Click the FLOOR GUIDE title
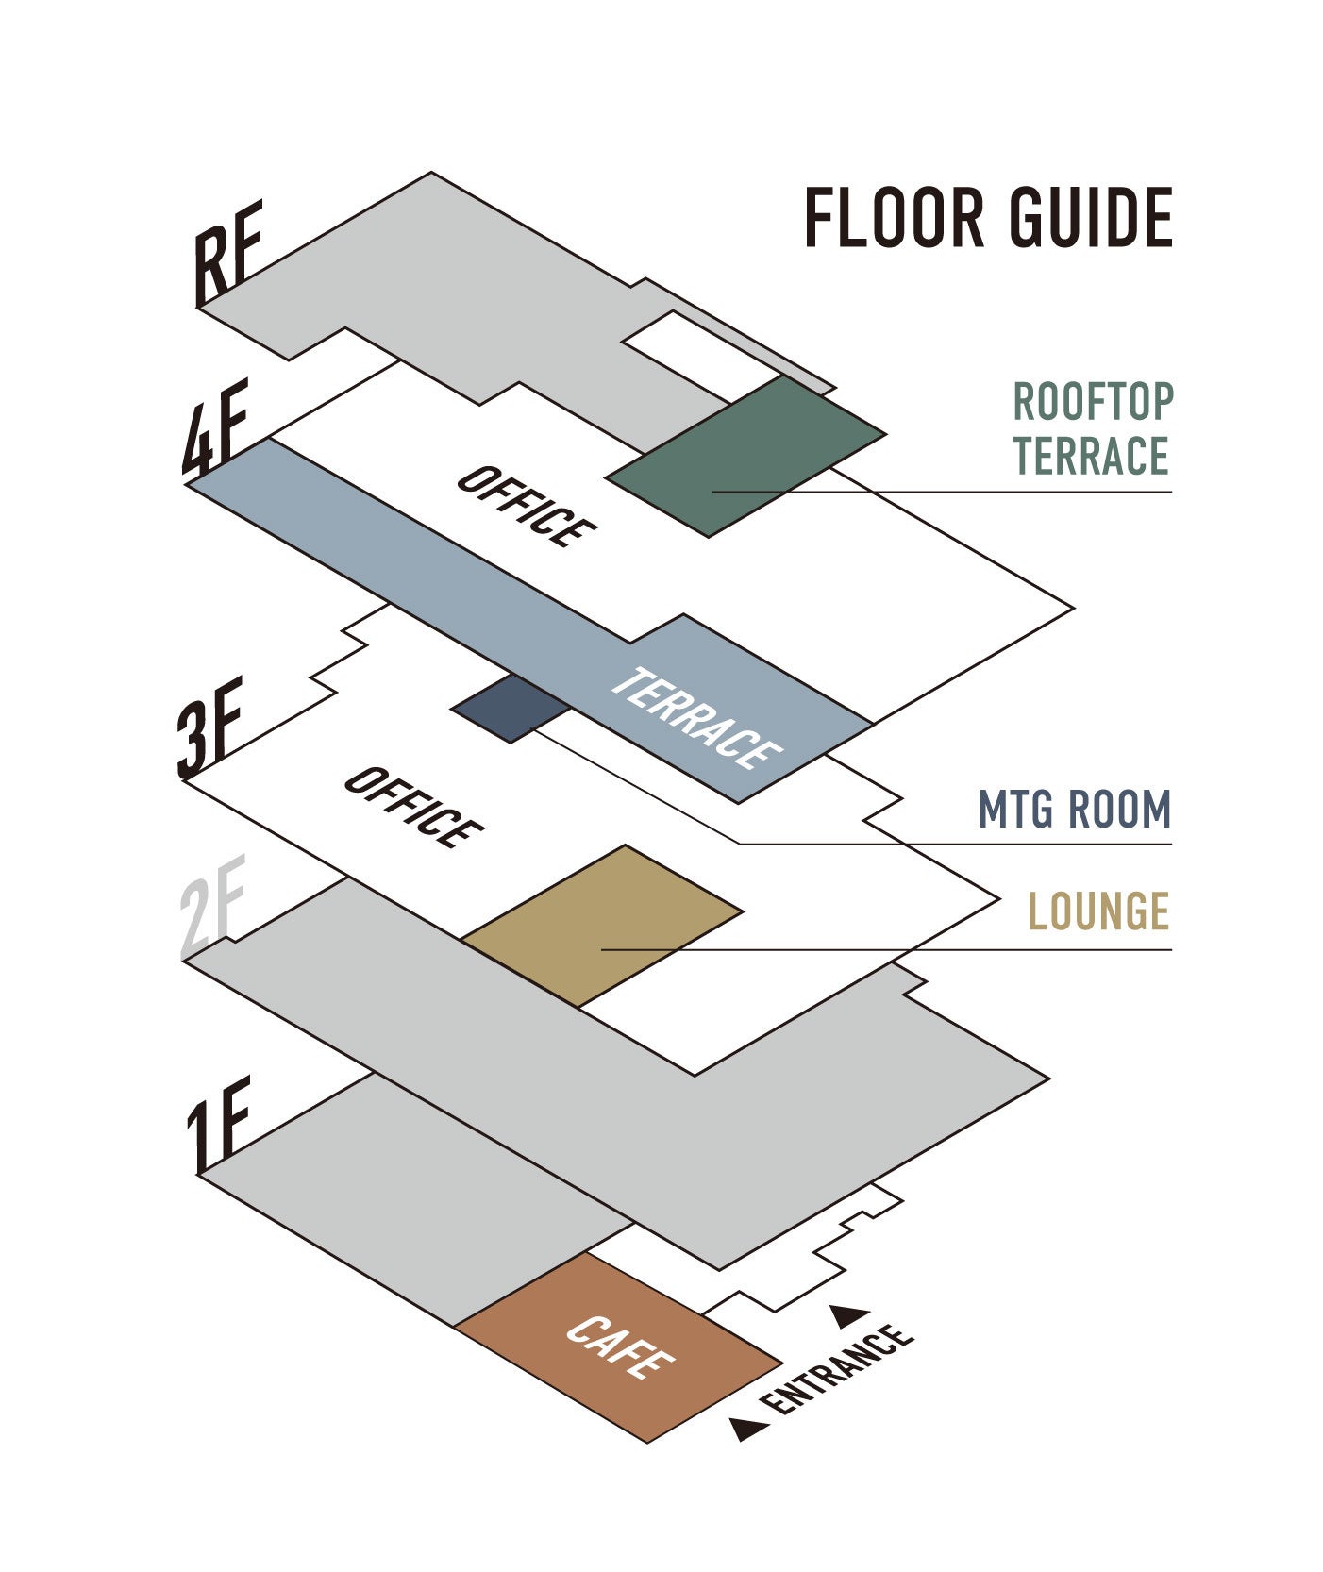click(988, 218)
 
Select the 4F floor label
click(215, 426)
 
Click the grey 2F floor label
click(212, 905)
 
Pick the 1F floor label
click(217, 1124)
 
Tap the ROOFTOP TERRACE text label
click(1092, 428)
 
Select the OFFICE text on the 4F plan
click(526, 507)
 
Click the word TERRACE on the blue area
click(695, 718)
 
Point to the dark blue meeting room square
click(511, 708)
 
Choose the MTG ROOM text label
click(1074, 810)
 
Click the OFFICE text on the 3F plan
click(413, 808)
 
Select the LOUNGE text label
click(1098, 911)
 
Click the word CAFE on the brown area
click(620, 1346)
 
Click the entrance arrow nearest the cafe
click(749, 1429)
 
